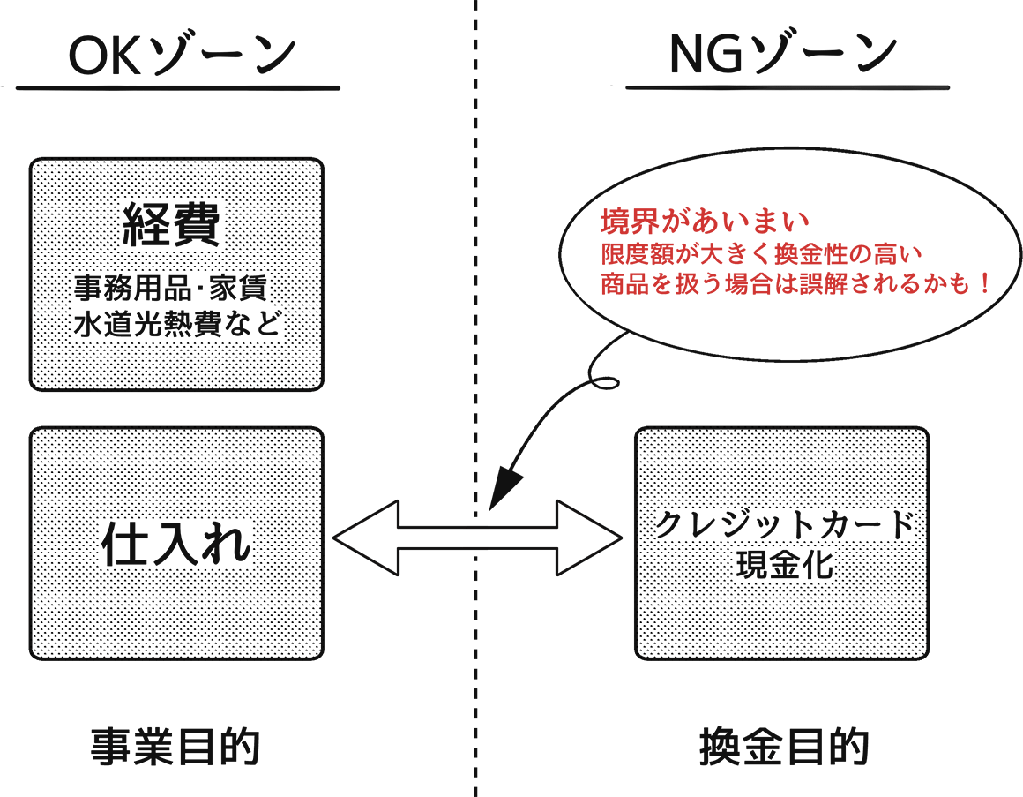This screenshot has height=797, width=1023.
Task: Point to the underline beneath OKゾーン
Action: pos(176,87)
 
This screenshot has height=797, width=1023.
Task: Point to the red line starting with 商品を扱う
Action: pos(785,285)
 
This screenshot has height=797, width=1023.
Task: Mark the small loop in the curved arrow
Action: pos(608,380)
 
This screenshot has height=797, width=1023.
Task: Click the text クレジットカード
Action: pos(784,525)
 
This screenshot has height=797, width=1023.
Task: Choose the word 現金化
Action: pos(784,564)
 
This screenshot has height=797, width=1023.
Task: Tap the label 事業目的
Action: pos(176,748)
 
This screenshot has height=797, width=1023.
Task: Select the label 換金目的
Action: pos(784,748)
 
